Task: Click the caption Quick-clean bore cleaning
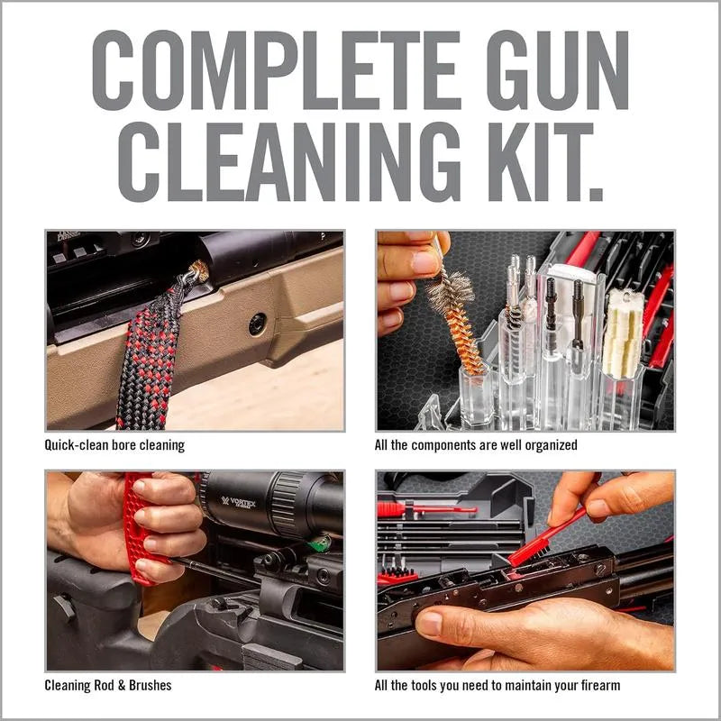pyautogui.click(x=114, y=445)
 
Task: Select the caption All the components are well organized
pyautogui.click(x=476, y=445)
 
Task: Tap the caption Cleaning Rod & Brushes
pyautogui.click(x=108, y=685)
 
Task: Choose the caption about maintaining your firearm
pyautogui.click(x=497, y=685)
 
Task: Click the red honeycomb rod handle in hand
pyautogui.click(x=135, y=532)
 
